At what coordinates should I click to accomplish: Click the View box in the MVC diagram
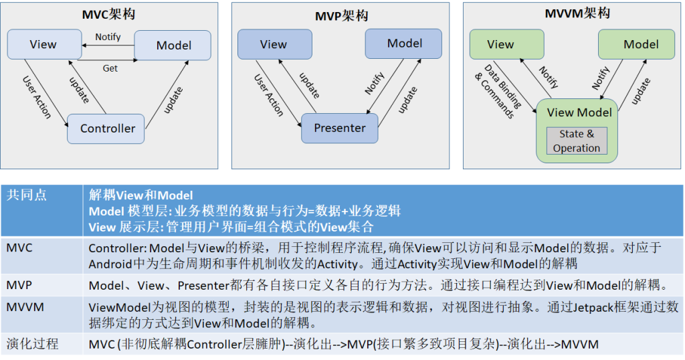pyautogui.click(x=43, y=44)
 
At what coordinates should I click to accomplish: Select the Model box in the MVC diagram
pyautogui.click(x=173, y=46)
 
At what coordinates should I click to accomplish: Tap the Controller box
pyautogui.click(x=107, y=128)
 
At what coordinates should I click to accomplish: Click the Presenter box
pyautogui.click(x=340, y=128)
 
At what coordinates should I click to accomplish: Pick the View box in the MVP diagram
pyautogui.click(x=274, y=44)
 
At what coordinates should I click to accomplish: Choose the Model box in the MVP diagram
pyautogui.click(x=404, y=43)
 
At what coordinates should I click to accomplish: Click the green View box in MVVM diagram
pyautogui.click(x=500, y=44)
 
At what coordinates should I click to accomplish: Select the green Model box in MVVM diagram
pyautogui.click(x=641, y=44)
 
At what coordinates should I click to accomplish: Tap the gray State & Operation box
pyautogui.click(x=576, y=141)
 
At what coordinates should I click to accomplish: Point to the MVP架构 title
pyautogui.click(x=340, y=15)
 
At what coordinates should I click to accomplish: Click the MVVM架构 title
pyautogui.click(x=575, y=13)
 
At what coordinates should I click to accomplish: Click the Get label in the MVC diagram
pyautogui.click(x=110, y=68)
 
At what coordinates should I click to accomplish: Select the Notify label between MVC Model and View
pyautogui.click(x=107, y=37)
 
